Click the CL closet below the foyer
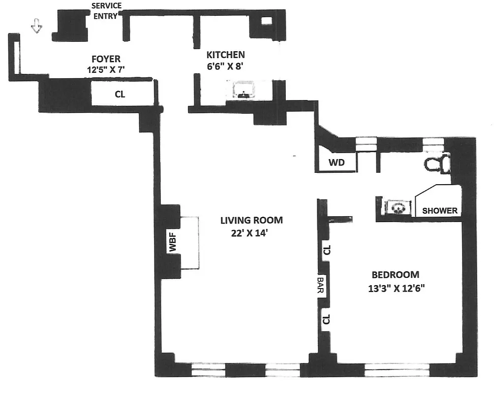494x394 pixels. pyautogui.click(x=120, y=95)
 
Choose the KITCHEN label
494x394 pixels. pyautogui.click(x=225, y=55)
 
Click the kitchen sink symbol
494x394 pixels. pyautogui.click(x=244, y=91)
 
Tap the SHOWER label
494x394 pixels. pyautogui.click(x=440, y=210)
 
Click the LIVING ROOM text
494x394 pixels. pyautogui.click(x=251, y=220)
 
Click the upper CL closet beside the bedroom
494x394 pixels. pyautogui.click(x=327, y=250)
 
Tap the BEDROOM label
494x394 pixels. pyautogui.click(x=395, y=275)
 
